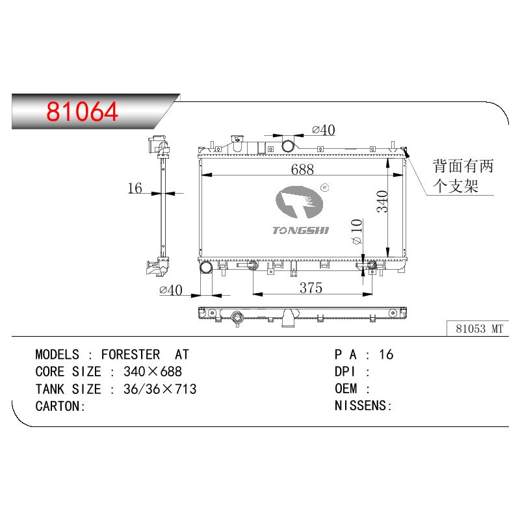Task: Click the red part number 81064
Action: [82, 111]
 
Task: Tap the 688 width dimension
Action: [302, 170]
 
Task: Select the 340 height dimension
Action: [382, 201]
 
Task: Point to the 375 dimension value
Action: [311, 288]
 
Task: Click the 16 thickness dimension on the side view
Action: [135, 188]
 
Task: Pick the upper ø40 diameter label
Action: [324, 130]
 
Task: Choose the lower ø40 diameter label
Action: [171, 290]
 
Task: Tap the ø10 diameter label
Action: [356, 231]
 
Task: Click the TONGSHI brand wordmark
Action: [300, 230]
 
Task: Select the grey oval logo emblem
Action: [299, 202]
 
